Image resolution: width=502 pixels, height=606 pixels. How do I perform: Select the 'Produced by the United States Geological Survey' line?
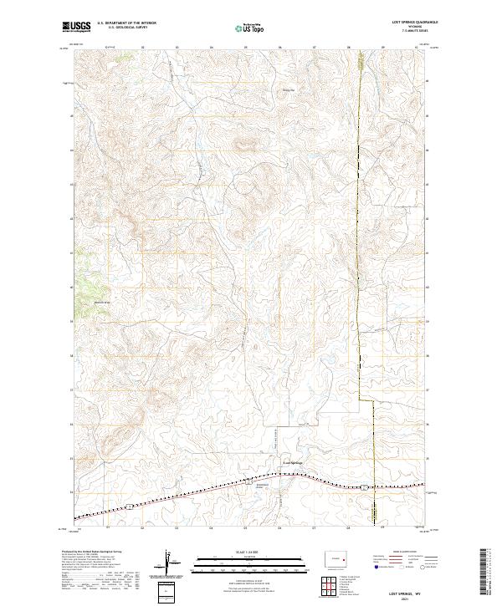92,553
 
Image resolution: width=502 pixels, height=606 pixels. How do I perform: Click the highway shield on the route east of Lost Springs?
365,486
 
